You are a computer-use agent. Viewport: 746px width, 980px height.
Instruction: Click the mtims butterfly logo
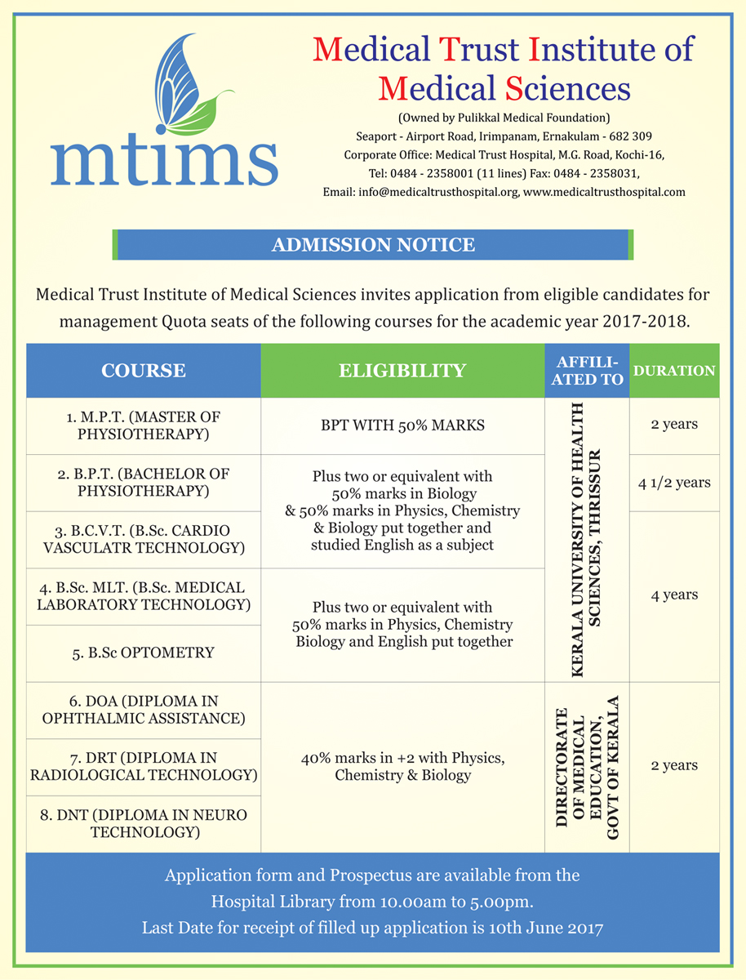pyautogui.click(x=163, y=114)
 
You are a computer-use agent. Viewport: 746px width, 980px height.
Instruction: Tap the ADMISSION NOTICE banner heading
pyautogui.click(x=373, y=244)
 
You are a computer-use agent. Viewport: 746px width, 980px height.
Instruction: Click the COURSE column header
pyautogui.click(x=144, y=371)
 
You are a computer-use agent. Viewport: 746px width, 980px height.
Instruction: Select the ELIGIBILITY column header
pyautogui.click(x=402, y=371)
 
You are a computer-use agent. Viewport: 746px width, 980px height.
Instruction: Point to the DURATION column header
pyautogui.click(x=674, y=371)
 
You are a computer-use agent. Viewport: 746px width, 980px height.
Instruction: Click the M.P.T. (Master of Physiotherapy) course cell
pyautogui.click(x=144, y=425)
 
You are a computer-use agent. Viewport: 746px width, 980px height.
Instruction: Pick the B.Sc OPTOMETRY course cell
pyautogui.click(x=144, y=653)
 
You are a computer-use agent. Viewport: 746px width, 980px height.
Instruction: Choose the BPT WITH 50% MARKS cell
pyautogui.click(x=402, y=425)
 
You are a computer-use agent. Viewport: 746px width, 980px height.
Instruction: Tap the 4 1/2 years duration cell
pyautogui.click(x=674, y=483)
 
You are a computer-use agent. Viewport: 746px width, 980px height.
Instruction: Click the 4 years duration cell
pyautogui.click(x=674, y=595)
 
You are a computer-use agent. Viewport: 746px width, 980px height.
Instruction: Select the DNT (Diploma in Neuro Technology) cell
pyautogui.click(x=144, y=824)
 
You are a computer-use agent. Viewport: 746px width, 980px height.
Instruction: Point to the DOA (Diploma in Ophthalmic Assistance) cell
pyautogui.click(x=144, y=710)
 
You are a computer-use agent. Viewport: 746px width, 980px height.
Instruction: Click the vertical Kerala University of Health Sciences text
pyautogui.click(x=587, y=539)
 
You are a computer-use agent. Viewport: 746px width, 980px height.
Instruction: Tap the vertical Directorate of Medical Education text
pyautogui.click(x=587, y=767)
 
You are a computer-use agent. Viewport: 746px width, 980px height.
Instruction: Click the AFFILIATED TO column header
pyautogui.click(x=587, y=371)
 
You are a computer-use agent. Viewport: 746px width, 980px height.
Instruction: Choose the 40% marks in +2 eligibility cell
pyautogui.click(x=402, y=767)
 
